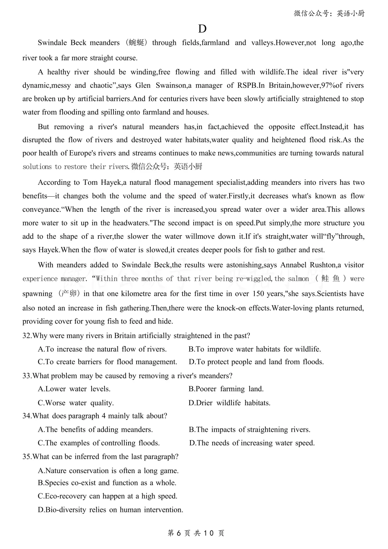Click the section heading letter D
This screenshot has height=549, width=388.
pos(202,29)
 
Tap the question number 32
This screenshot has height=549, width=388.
pos(27,336)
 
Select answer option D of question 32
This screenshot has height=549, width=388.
pos(256,362)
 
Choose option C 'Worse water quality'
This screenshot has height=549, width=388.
pos(76,403)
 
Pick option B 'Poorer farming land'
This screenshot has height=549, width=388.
pos(226,389)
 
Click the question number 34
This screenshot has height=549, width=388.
pos(27,416)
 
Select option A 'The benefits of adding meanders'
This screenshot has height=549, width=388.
pos(95,430)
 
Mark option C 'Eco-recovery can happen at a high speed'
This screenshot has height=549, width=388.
pos(107,496)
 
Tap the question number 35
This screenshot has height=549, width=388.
pos(27,457)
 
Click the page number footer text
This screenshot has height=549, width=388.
pos(196,533)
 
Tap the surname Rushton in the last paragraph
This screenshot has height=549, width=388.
pos(320,265)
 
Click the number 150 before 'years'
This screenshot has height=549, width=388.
pos(258,294)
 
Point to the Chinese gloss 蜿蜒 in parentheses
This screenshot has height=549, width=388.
pos(137,43)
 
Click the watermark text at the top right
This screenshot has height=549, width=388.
pos(329,13)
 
